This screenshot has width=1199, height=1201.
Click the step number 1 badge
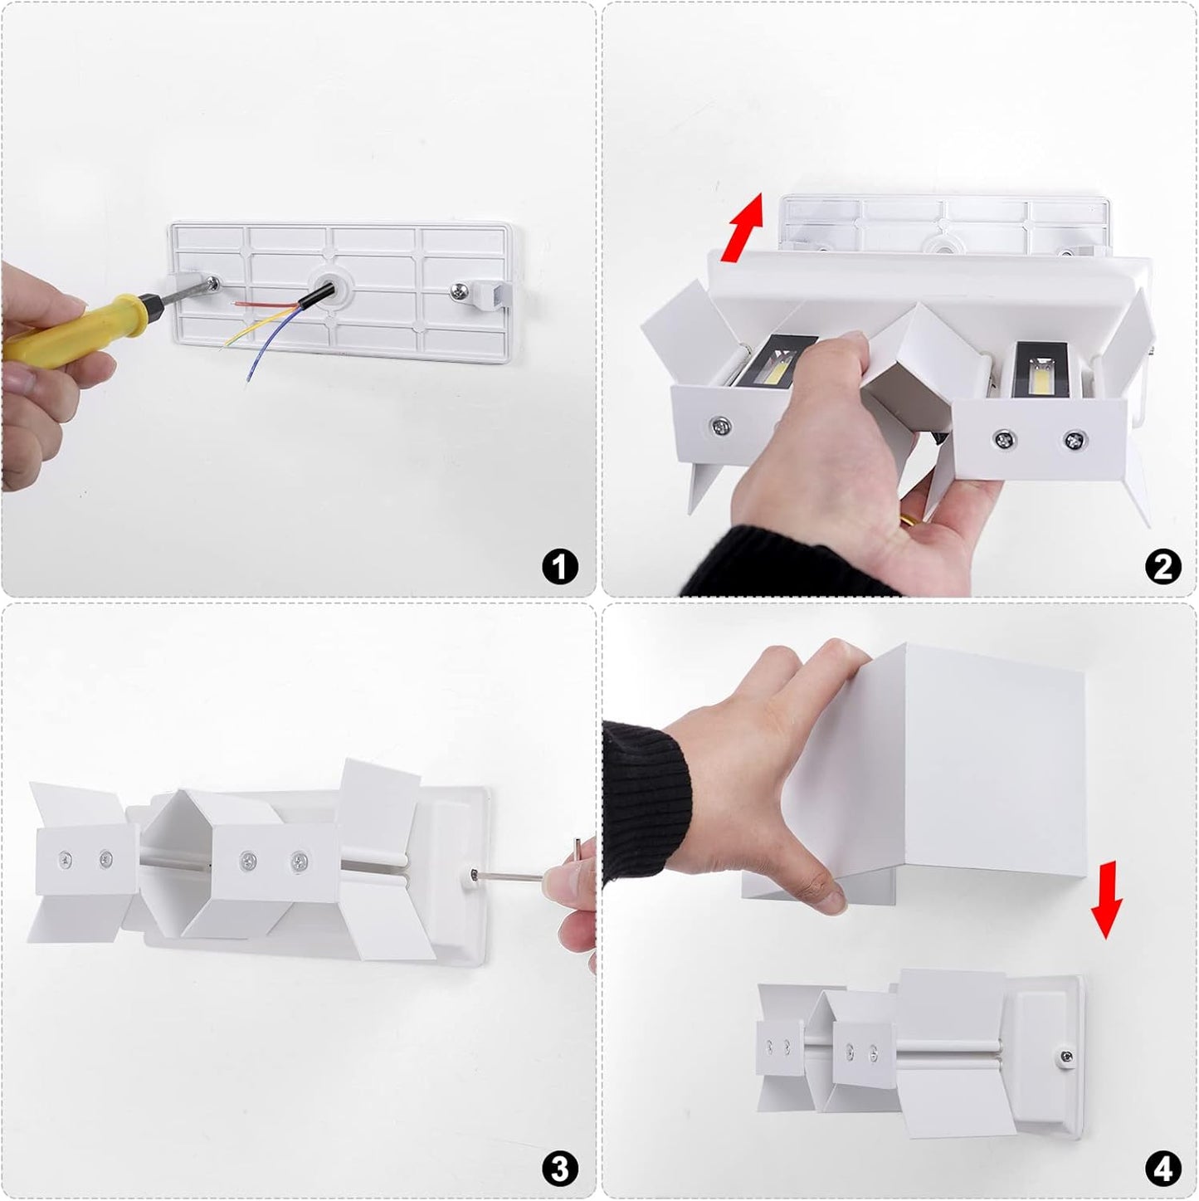(x=559, y=567)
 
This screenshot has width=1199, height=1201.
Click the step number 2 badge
(x=1162, y=567)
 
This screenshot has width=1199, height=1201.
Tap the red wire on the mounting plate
(x=265, y=304)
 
